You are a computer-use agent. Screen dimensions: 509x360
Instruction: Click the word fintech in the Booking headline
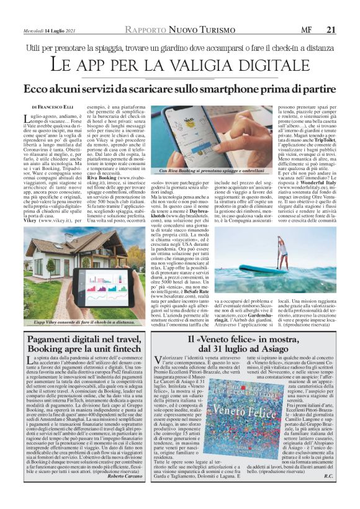pos(132,353)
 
